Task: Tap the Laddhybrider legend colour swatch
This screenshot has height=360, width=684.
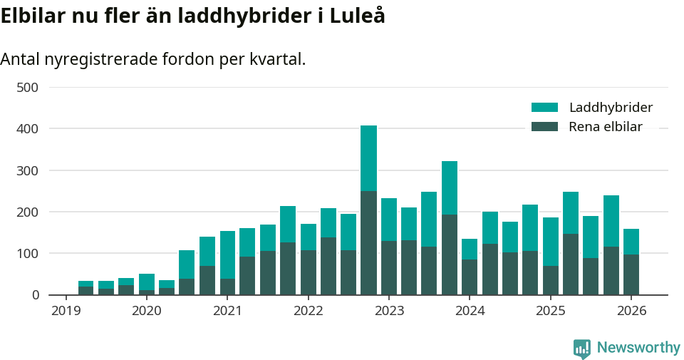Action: tap(544, 108)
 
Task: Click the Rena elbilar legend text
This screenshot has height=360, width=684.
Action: tap(606, 127)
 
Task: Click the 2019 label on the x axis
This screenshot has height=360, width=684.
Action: tap(66, 311)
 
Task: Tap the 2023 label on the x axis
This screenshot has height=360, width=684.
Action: tap(389, 311)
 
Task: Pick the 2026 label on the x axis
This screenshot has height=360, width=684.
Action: tap(631, 311)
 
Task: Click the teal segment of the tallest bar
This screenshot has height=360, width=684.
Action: tap(368, 158)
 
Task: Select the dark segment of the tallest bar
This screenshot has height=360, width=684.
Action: tap(368, 242)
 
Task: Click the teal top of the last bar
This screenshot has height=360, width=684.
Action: tap(631, 242)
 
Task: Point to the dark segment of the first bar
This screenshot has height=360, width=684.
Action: tap(85, 291)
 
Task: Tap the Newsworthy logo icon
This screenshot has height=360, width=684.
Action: tap(581, 349)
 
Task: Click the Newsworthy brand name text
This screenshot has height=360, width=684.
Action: tap(638, 348)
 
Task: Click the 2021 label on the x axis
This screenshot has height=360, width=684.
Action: tap(227, 311)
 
